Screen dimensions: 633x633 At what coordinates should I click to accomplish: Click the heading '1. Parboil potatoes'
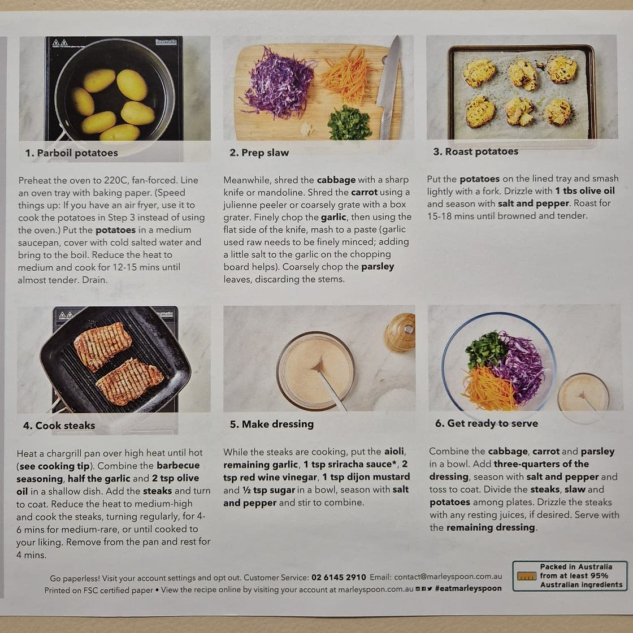pyautogui.click(x=71, y=153)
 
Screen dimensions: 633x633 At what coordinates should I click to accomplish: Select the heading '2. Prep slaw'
pyautogui.click(x=259, y=153)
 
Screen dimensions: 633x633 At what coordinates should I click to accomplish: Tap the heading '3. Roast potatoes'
pyautogui.click(x=475, y=151)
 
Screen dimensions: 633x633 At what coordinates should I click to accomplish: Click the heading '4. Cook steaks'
pyautogui.click(x=59, y=426)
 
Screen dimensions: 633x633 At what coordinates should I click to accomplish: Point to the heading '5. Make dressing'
pyautogui.click(x=272, y=424)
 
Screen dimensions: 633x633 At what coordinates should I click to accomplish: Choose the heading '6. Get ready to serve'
pyautogui.click(x=487, y=423)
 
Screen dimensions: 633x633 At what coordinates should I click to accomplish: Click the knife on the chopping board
pyautogui.click(x=388, y=88)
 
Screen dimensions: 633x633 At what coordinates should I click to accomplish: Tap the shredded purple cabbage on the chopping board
pyautogui.click(x=279, y=85)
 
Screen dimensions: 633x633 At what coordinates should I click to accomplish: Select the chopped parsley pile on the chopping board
pyautogui.click(x=349, y=123)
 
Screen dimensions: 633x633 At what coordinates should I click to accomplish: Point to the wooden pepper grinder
pyautogui.click(x=400, y=333)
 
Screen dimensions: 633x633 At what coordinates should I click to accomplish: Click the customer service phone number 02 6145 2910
pyautogui.click(x=339, y=577)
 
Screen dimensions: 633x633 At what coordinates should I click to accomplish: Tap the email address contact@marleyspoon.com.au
pyautogui.click(x=448, y=576)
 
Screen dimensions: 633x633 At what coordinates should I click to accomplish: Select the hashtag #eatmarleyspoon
pyautogui.click(x=469, y=588)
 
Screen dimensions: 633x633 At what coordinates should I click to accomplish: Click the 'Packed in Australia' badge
pyautogui.click(x=570, y=576)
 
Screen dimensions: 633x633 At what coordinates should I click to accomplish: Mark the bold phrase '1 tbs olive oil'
pyautogui.click(x=585, y=191)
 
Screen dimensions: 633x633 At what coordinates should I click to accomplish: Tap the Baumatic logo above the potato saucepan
pyautogui.click(x=166, y=41)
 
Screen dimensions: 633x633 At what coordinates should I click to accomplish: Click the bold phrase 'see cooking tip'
pyautogui.click(x=54, y=466)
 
